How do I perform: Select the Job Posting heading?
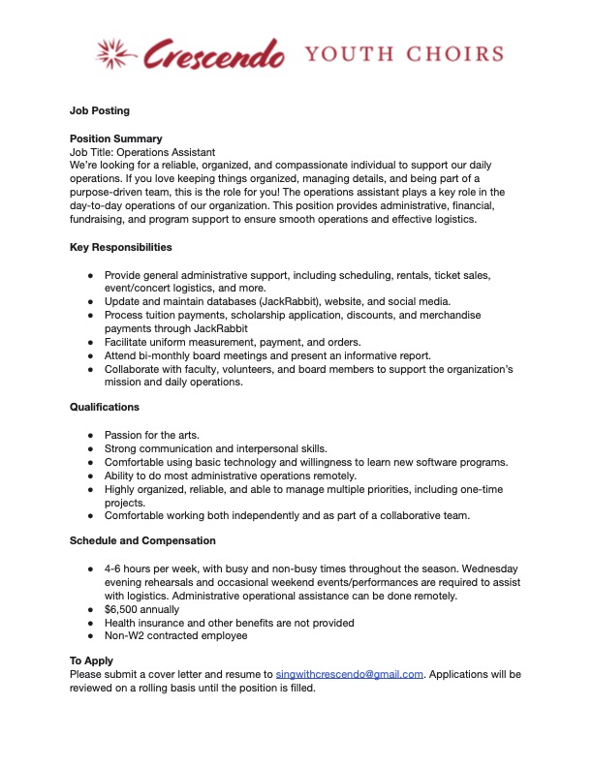coord(100,110)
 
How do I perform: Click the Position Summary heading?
coord(116,138)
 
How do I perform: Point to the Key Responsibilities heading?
coord(121,248)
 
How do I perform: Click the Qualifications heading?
coord(105,407)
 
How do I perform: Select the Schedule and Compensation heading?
coord(142,540)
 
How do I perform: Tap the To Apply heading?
coord(91,660)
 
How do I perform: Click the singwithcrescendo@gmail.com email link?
coord(350,674)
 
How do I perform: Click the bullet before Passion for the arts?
coord(90,435)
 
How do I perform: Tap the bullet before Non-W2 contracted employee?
coord(90,636)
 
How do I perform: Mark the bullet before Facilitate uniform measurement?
coord(90,342)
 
